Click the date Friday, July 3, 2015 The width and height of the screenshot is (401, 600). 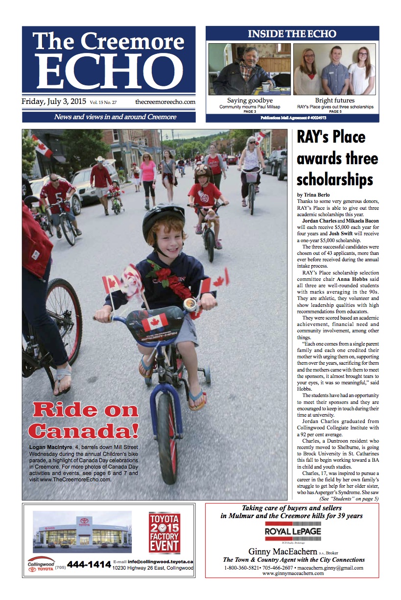coord(54,102)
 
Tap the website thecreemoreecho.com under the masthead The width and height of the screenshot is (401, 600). coord(165,102)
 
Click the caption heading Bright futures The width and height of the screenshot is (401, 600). coord(335,100)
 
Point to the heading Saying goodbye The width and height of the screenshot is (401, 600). coord(250,100)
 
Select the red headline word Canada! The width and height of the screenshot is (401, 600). coord(83,430)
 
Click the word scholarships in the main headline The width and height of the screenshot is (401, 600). coord(337,179)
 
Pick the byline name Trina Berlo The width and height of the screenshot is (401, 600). coord(319,195)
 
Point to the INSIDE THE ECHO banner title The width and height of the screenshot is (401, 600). coord(292,34)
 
